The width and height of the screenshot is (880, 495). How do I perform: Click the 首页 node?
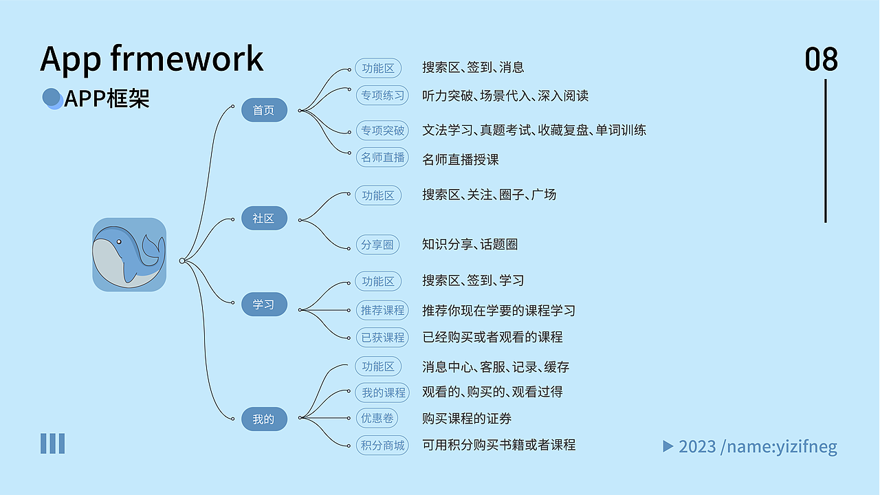(x=264, y=110)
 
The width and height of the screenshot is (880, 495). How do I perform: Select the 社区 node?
(x=264, y=219)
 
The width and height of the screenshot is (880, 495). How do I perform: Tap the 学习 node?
(x=264, y=305)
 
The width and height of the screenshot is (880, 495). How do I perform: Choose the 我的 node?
(x=264, y=419)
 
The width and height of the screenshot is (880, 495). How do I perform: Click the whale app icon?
(x=129, y=254)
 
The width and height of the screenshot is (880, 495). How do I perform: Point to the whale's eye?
(x=119, y=242)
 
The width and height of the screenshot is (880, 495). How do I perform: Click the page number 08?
(x=822, y=60)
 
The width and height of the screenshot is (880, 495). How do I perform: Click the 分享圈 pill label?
(x=377, y=244)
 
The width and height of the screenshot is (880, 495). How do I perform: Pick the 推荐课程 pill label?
(x=383, y=310)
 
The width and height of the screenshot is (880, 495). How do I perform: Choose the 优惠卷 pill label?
(x=377, y=418)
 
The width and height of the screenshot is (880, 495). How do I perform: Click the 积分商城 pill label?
(x=383, y=445)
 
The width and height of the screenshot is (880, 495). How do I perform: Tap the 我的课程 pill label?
(x=383, y=393)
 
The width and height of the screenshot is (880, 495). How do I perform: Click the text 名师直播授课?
(x=461, y=159)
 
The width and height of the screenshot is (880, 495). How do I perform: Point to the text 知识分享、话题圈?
(x=470, y=244)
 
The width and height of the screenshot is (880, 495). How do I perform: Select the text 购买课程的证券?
(x=467, y=419)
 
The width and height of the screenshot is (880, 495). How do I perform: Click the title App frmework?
(x=152, y=59)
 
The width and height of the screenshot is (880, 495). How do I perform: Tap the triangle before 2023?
(x=668, y=446)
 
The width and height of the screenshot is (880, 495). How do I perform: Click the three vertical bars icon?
(x=52, y=443)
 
